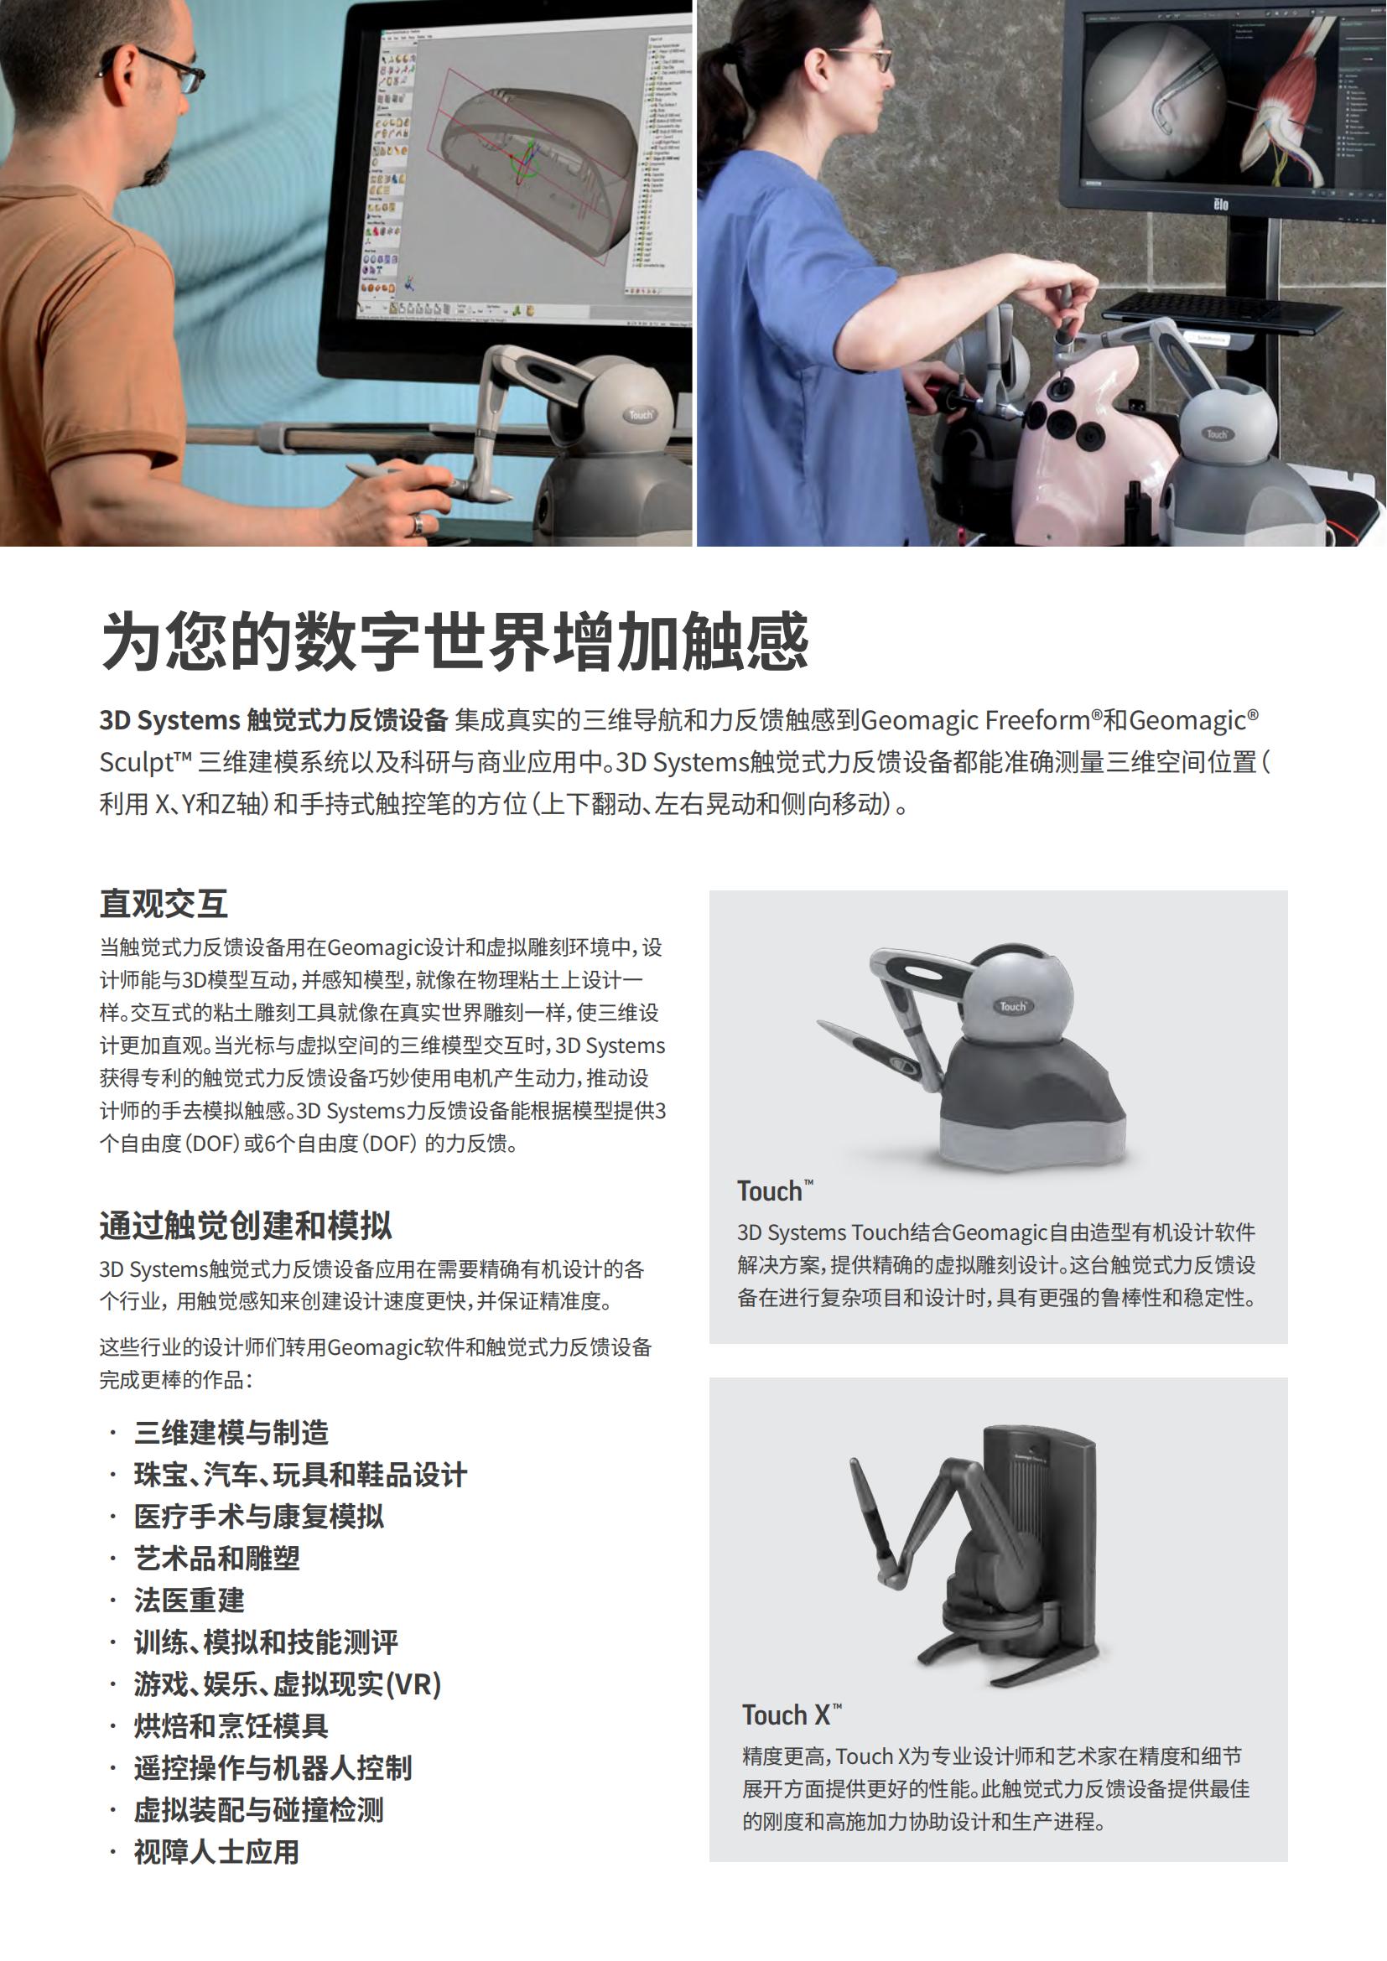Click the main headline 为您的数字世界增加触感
click(455, 641)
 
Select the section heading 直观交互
click(164, 903)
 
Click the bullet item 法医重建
click(190, 1599)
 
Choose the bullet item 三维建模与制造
click(231, 1431)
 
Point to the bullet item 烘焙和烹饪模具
click(231, 1725)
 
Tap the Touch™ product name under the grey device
click(775, 1191)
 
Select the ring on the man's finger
click(418, 523)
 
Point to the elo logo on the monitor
click(1221, 204)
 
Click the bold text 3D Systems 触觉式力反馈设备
click(273, 720)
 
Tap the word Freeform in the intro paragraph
click(1037, 720)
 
